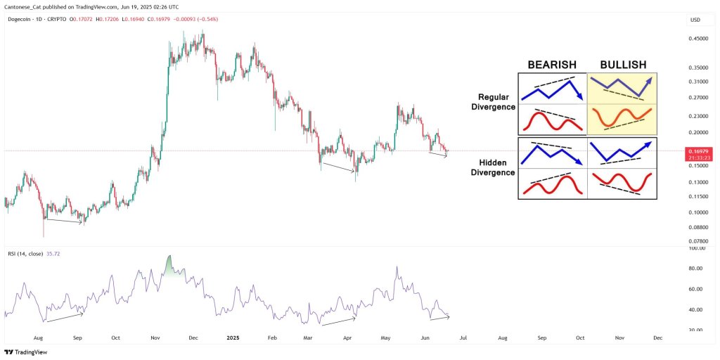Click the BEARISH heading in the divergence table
(x=553, y=65)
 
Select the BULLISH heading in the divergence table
(x=622, y=65)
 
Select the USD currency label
(x=695, y=19)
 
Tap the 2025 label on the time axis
(x=234, y=337)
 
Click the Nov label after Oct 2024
(x=155, y=337)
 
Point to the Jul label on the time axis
(x=463, y=337)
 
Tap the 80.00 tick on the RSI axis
(x=695, y=269)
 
